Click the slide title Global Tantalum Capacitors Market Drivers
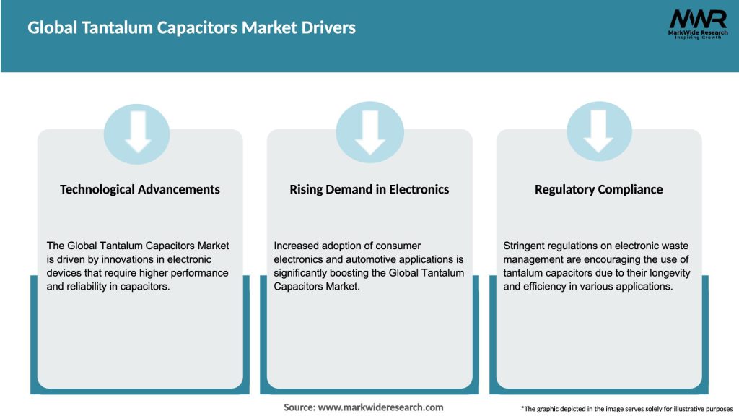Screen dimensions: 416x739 point(191,28)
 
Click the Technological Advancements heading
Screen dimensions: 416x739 point(140,189)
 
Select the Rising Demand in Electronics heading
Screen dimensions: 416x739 point(369,189)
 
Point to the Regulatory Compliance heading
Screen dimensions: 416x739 point(598,189)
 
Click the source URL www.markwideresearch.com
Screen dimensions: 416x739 point(381,407)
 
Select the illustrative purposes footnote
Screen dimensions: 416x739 point(626,409)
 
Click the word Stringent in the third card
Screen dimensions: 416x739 point(525,246)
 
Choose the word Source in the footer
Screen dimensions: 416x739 point(299,407)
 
